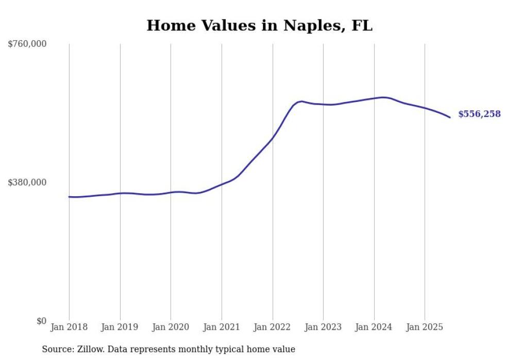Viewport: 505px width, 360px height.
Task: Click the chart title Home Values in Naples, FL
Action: (259, 25)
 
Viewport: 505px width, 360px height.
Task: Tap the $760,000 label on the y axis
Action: (27, 44)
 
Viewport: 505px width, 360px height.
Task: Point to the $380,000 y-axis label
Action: (27, 182)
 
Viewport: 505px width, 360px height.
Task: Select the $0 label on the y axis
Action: (41, 321)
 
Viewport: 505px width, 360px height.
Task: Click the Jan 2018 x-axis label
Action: (69, 327)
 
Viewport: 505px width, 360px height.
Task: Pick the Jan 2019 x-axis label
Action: (120, 327)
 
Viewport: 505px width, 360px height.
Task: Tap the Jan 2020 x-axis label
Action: (171, 327)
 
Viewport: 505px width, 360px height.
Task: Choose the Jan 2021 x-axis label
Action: (222, 327)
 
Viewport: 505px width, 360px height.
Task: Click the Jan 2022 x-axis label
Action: (273, 327)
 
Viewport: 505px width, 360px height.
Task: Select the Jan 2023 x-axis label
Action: (323, 327)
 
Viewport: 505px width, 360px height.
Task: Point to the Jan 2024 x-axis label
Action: (374, 327)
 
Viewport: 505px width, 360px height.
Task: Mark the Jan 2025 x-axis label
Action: (425, 327)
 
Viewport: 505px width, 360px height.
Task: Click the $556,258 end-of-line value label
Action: (479, 114)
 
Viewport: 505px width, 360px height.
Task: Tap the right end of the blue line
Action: (450, 117)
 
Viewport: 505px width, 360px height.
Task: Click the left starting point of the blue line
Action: (69, 197)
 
